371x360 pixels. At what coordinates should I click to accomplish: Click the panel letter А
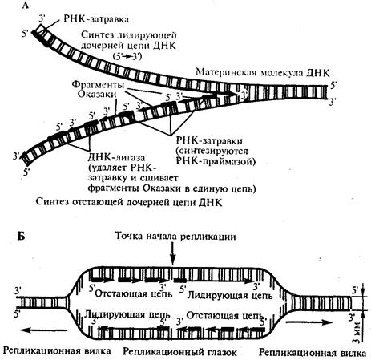pyautogui.click(x=26, y=5)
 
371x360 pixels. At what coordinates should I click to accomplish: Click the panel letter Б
pyautogui.click(x=21, y=236)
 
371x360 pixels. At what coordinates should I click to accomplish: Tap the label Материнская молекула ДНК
pyautogui.click(x=263, y=72)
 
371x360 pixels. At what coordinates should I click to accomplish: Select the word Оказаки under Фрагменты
pyautogui.click(x=97, y=94)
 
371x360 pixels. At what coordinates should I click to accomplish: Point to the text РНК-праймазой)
pyautogui.click(x=216, y=161)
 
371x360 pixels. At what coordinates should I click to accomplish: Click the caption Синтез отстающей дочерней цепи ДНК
pyautogui.click(x=129, y=202)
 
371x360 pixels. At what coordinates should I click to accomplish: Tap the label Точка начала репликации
pyautogui.click(x=175, y=237)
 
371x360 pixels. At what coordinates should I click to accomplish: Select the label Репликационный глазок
pyautogui.click(x=179, y=352)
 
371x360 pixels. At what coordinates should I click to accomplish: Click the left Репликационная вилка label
pyautogui.click(x=57, y=350)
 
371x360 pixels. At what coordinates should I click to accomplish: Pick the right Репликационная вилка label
pyautogui.click(x=313, y=353)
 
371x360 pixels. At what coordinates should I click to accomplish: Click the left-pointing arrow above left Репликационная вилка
pyautogui.click(x=44, y=330)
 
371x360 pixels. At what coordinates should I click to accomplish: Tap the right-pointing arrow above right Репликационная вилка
pyautogui.click(x=309, y=322)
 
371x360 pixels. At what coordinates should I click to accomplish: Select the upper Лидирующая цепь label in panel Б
pyautogui.click(x=230, y=295)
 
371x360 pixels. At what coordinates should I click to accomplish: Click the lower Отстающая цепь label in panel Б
pyautogui.click(x=225, y=315)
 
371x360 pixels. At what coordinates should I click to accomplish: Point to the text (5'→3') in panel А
pyautogui.click(x=127, y=56)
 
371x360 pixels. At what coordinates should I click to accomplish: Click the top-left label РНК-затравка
pyautogui.click(x=96, y=19)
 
